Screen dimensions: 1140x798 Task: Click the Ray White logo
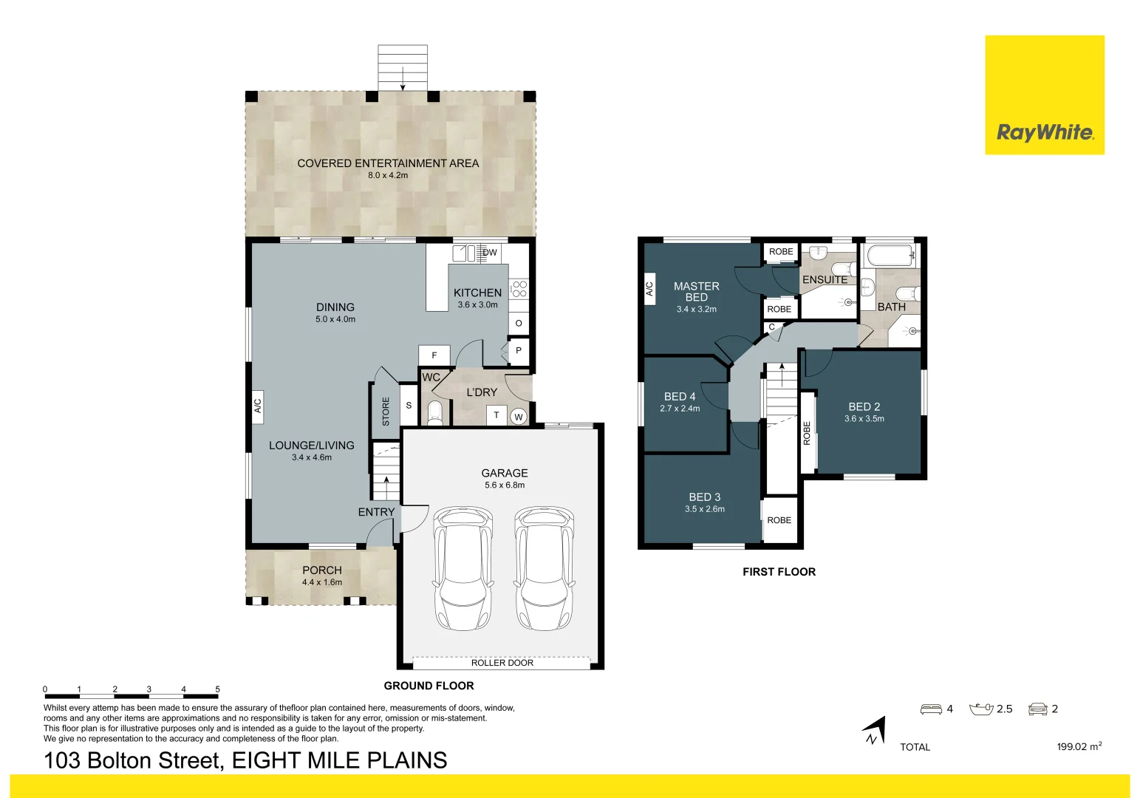(1045, 95)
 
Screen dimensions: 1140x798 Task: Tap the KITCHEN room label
(477, 293)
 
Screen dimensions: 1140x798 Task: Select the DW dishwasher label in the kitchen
(490, 253)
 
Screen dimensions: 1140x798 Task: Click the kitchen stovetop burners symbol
(519, 289)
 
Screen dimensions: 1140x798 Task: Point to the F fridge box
(434, 355)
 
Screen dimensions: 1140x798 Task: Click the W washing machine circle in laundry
(519, 417)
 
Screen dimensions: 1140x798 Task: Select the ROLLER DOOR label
(502, 663)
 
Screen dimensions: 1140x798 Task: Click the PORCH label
(322, 570)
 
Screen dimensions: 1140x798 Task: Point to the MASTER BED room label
(696, 292)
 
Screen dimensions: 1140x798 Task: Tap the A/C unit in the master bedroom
(649, 289)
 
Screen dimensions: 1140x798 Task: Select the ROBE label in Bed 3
(779, 520)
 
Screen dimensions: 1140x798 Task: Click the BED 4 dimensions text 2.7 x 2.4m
(680, 408)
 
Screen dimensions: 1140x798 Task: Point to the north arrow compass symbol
(874, 731)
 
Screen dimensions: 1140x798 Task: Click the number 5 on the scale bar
(217, 689)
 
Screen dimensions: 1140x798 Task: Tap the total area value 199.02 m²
(1079, 746)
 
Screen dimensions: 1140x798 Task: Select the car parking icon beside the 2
(1038, 709)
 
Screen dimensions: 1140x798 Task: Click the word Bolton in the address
(155, 760)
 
